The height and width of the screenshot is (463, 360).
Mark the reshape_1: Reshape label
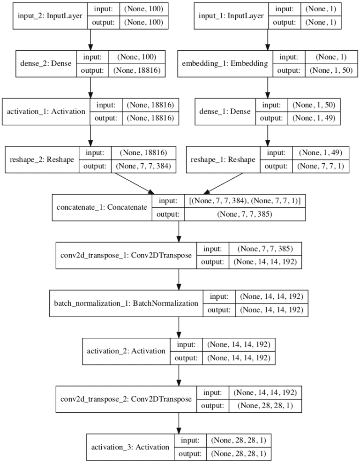coord(223,160)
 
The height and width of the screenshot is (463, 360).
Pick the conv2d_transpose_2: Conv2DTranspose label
coord(126,399)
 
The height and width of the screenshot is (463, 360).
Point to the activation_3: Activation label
coord(130,447)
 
